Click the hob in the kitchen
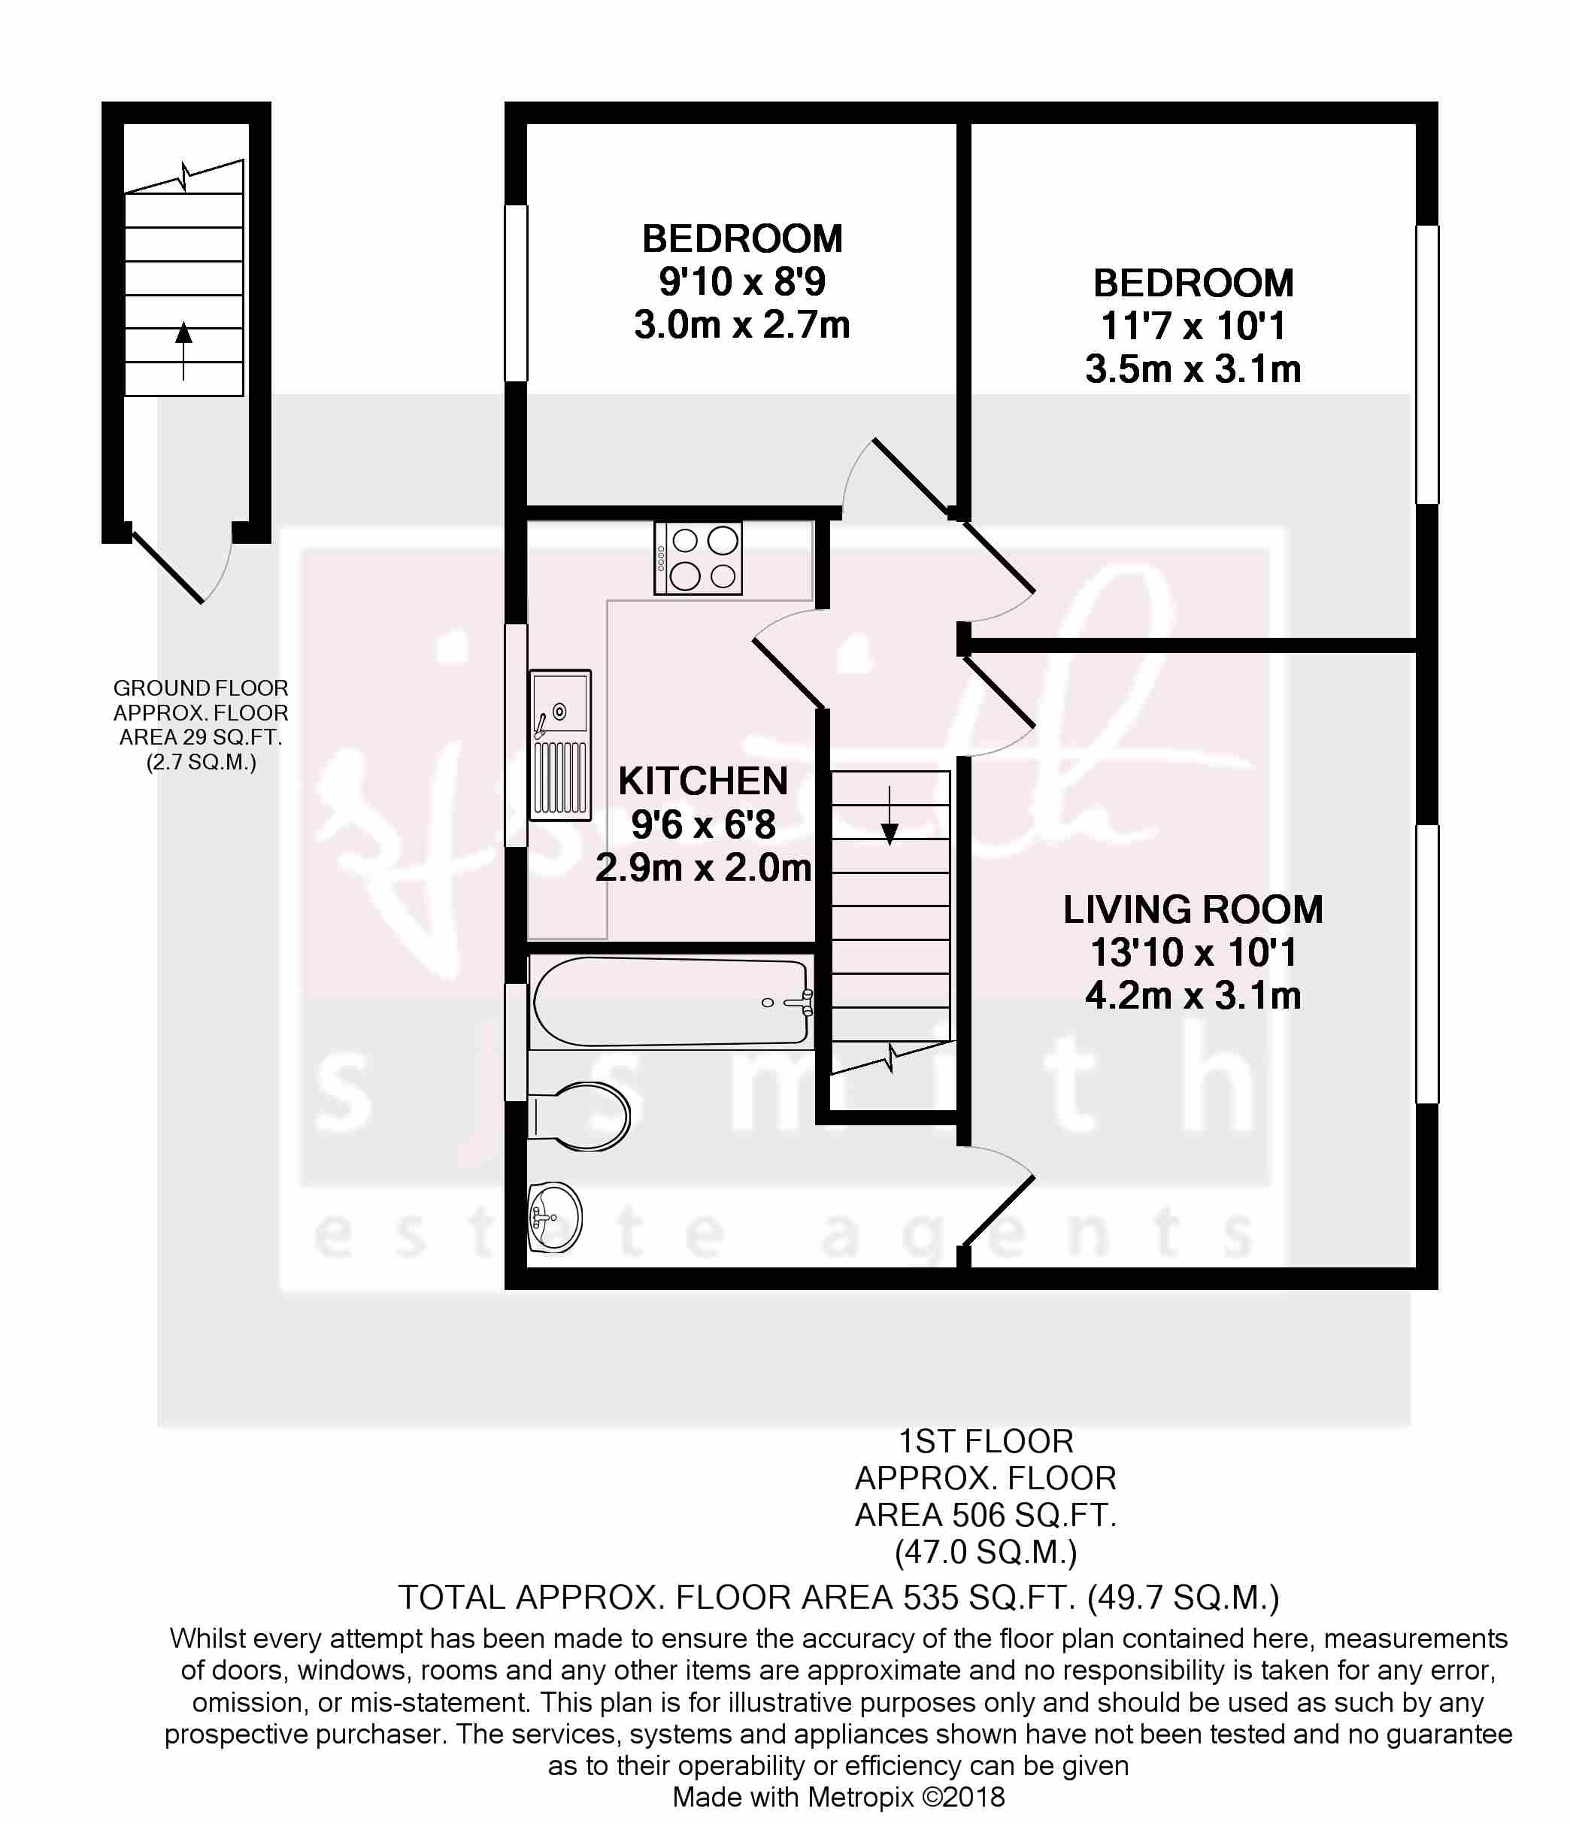pos(698,558)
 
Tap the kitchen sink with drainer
pos(559,745)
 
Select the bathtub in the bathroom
pos(671,1003)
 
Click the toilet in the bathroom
pos(578,1115)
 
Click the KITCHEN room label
pos(702,781)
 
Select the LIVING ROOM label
pos(1193,909)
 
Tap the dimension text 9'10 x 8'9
pos(742,282)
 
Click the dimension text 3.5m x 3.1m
pos(1193,369)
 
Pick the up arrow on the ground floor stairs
pos(183,351)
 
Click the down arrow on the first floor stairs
pos(889,816)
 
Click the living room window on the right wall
pos(1426,964)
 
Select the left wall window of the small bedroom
pos(516,293)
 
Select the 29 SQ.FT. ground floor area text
pos(232,737)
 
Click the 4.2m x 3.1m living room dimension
pos(1193,996)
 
